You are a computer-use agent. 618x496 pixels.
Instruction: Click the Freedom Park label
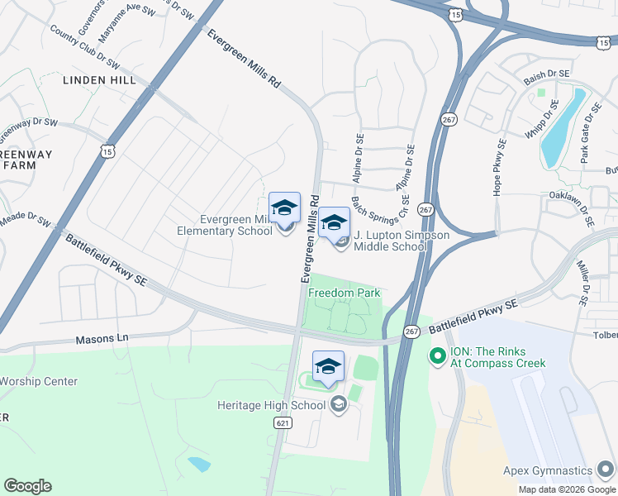pyautogui.click(x=344, y=293)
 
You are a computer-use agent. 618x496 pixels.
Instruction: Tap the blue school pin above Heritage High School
pyautogui.click(x=328, y=367)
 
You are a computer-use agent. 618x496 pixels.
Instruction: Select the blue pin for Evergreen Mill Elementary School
pyautogui.click(x=284, y=208)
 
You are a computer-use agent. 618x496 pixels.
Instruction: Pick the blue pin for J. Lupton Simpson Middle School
pyautogui.click(x=334, y=222)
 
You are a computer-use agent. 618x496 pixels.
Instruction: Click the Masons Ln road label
pyautogui.click(x=103, y=338)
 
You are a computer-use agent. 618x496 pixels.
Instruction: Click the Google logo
pyautogui.click(x=27, y=486)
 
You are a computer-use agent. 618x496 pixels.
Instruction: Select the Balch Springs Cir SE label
pyautogui.click(x=381, y=209)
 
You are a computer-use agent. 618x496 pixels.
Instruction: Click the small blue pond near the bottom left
pyautogui.click(x=199, y=464)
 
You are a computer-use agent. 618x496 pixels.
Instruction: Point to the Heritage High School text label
pyautogui.click(x=271, y=405)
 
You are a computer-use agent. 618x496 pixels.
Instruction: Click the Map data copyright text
pyautogui.click(x=567, y=489)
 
